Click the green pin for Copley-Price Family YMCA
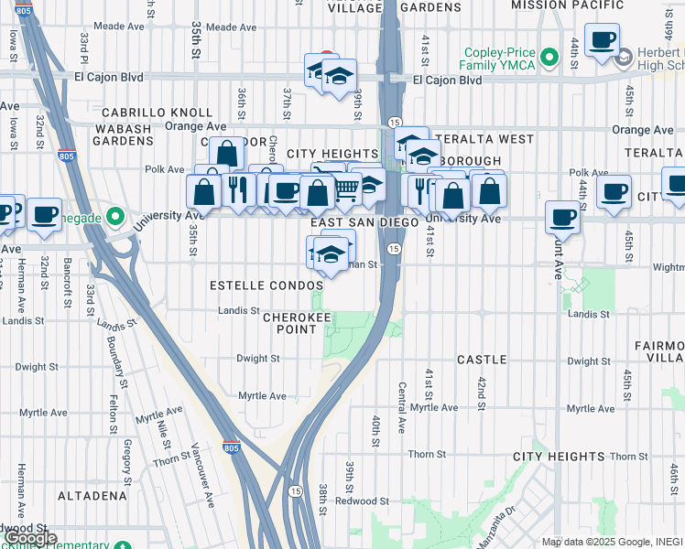pos(549,59)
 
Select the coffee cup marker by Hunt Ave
pos(562,218)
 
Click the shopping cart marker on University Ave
pos(345,188)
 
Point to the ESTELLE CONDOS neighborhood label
pos(266,285)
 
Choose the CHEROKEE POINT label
pos(297,324)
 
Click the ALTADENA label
pos(92,495)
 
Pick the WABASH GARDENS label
pos(123,135)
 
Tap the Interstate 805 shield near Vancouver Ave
pos(233,448)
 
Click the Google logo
pos(30,538)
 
